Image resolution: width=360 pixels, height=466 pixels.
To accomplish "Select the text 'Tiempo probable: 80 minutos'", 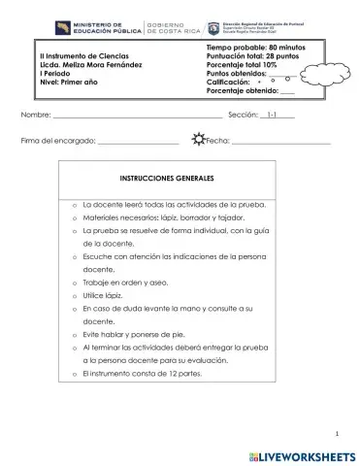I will (x=255, y=48).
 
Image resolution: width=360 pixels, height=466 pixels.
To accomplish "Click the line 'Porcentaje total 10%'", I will (x=243, y=66).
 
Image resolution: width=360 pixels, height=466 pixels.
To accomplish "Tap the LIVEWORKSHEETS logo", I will (x=296, y=453).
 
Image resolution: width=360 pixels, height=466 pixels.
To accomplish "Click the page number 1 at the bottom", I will (x=335, y=433).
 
